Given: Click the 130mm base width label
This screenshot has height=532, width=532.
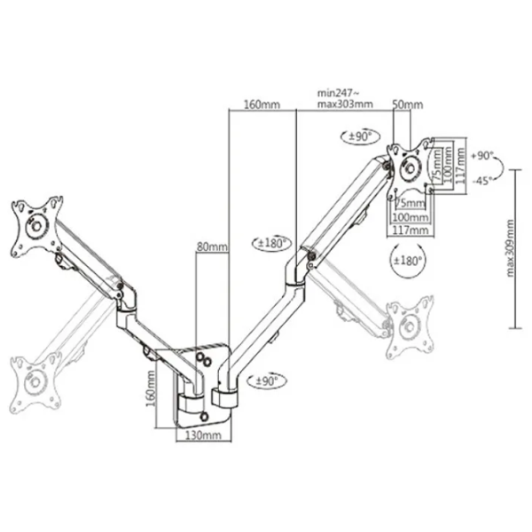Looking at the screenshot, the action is [x=203, y=434].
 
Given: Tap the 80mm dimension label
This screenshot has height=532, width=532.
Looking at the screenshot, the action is [x=212, y=246].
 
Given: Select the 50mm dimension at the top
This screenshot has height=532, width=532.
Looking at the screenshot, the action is [x=408, y=105].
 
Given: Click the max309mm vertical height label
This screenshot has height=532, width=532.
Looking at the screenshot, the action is [x=510, y=248].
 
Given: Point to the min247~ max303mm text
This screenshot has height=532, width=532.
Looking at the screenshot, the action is [x=345, y=98].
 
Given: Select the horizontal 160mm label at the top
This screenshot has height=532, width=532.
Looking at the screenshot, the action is [x=262, y=105].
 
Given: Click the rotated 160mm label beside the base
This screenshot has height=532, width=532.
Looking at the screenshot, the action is [x=151, y=389].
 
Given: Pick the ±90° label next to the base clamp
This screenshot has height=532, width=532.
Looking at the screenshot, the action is [x=267, y=380].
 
